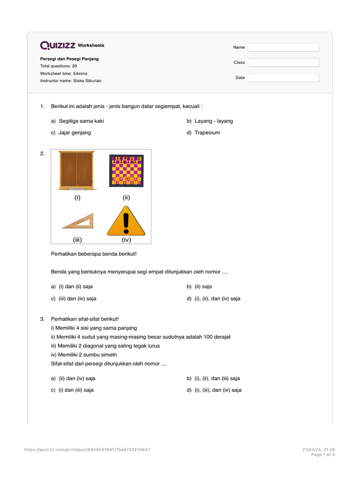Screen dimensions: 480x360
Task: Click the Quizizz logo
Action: [58, 45]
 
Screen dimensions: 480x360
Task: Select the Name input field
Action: [284, 47]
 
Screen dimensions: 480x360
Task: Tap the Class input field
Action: [284, 62]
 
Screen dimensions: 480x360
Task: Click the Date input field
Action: [284, 78]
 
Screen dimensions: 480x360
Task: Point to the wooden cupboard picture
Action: [77, 171]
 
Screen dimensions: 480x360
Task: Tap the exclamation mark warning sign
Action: [126, 220]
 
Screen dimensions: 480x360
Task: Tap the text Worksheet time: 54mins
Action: [64, 74]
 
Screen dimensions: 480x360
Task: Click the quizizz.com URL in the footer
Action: [87, 450]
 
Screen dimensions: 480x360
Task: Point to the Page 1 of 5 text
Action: [323, 455]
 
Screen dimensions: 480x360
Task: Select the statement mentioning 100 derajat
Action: [141, 337]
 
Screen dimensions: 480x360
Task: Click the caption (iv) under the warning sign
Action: [126, 240]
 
